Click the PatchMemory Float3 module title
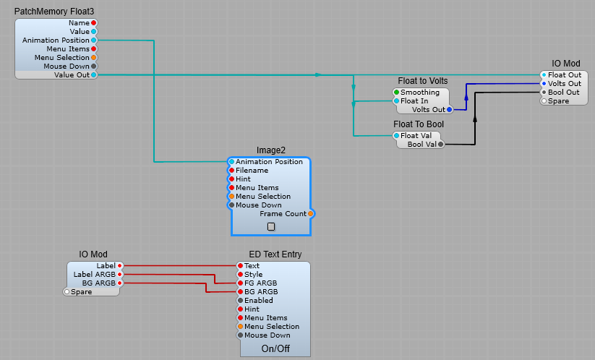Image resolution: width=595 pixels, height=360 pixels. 54,12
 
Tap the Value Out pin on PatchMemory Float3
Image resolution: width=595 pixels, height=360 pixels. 93,74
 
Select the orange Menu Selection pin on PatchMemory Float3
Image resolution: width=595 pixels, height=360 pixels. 93,57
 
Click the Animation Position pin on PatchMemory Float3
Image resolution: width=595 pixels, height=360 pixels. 93,40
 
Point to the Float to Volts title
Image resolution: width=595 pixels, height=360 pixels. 423,80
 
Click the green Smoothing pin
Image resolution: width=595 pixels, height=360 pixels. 396,93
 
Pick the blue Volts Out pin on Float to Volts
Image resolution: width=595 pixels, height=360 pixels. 449,110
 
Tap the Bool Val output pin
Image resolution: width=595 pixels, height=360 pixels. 440,145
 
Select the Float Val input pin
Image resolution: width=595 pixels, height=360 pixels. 396,135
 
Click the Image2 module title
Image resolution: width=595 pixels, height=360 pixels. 271,150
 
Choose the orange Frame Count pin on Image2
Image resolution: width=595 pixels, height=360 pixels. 310,214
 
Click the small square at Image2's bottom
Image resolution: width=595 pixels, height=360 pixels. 271,226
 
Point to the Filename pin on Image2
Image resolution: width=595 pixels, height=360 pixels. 231,171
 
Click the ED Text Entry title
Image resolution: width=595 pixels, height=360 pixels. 275,254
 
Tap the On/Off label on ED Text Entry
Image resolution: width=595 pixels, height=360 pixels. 275,348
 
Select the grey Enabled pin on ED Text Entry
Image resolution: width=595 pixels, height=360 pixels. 241,300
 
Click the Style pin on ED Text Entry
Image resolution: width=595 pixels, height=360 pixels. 241,275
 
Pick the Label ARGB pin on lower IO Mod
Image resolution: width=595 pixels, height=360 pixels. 120,275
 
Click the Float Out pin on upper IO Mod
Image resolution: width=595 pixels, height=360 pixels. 544,74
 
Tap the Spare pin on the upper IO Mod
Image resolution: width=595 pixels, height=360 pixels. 544,100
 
